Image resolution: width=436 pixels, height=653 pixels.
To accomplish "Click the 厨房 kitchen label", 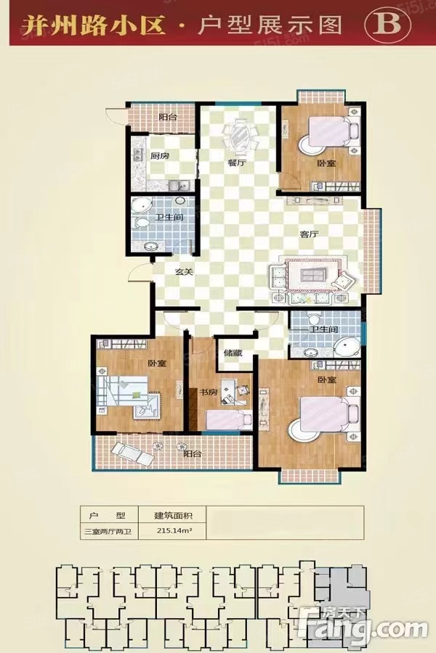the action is [x=159, y=157].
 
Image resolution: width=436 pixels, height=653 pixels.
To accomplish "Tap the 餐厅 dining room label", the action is [x=237, y=163].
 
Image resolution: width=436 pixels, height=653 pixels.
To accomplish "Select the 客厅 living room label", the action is [x=309, y=234].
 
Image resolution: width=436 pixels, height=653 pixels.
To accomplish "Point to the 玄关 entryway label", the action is [x=184, y=272].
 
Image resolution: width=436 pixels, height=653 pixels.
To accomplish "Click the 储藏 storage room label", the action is [x=233, y=353].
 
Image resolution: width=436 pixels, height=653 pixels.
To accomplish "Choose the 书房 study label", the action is [x=208, y=393].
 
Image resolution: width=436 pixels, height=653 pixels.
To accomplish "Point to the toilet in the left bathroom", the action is [x=141, y=223].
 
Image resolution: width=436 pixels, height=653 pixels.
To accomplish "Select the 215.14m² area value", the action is [x=174, y=531].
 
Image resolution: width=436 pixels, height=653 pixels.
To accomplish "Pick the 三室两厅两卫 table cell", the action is [x=108, y=531].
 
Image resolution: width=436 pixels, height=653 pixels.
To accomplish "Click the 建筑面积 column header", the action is [x=173, y=516].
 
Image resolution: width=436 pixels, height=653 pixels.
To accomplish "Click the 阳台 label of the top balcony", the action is [x=168, y=117].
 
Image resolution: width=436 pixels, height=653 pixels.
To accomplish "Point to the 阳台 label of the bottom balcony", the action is [x=193, y=453].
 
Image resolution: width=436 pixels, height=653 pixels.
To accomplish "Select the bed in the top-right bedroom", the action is [x=330, y=131].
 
